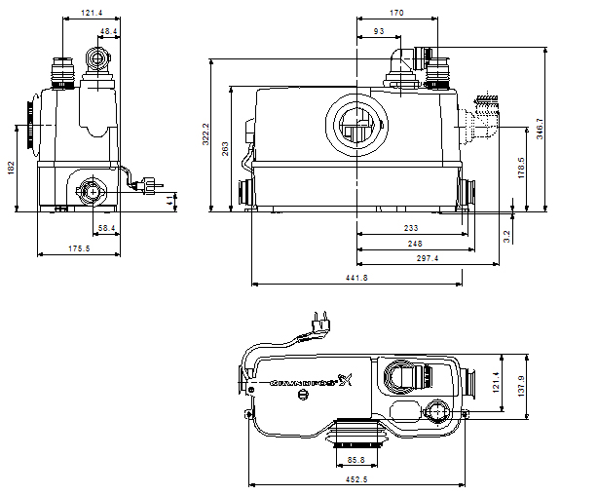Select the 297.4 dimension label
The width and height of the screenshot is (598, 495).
[x=427, y=258]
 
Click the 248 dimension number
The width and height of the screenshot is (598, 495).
[x=416, y=243]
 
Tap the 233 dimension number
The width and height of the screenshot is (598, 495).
[x=411, y=227]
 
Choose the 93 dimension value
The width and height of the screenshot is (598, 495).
[x=377, y=31]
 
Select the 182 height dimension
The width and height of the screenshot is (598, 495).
[x=11, y=169]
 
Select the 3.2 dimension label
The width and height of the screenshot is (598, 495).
[x=507, y=234]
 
